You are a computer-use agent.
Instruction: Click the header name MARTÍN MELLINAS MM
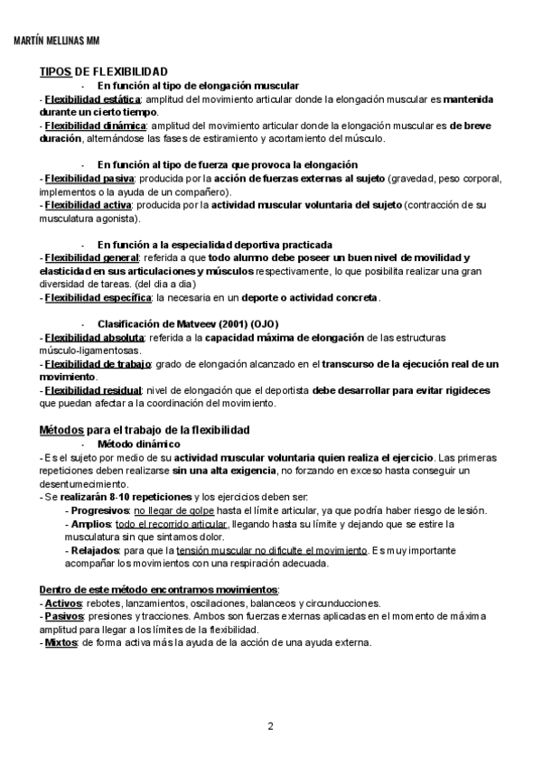click(x=58, y=42)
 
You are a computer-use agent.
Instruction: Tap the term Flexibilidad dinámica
click(x=94, y=126)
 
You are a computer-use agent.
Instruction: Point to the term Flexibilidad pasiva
click(x=88, y=179)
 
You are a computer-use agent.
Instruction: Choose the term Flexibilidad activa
click(x=86, y=205)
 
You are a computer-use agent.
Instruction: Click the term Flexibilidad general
click(x=89, y=257)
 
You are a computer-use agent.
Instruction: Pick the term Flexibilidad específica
click(x=98, y=297)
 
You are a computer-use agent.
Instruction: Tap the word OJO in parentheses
click(x=265, y=323)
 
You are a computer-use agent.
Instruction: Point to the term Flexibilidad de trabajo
click(x=98, y=363)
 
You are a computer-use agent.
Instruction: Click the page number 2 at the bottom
click(x=270, y=725)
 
